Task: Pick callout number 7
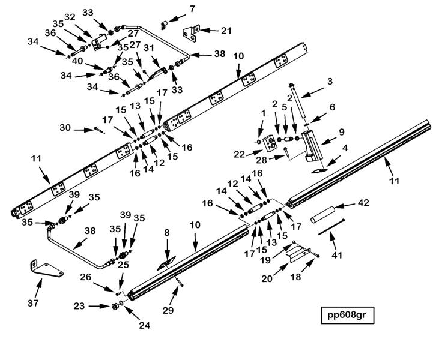tap(192, 9)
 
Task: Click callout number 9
tap(341, 131)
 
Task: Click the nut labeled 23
tap(112, 307)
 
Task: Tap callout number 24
tap(144, 326)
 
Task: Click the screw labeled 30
tap(100, 130)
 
